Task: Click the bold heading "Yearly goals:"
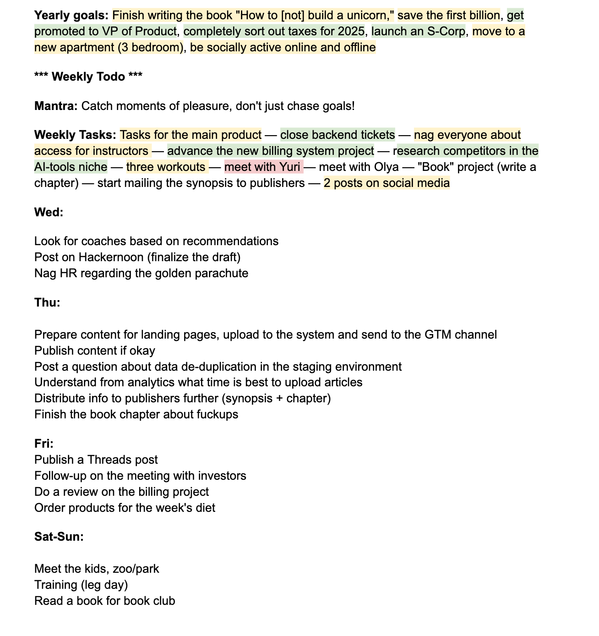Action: [71, 16]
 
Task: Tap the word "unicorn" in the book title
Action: [370, 16]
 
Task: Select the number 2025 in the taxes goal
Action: [351, 32]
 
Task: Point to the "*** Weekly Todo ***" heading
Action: [88, 77]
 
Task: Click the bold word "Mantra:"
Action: [56, 106]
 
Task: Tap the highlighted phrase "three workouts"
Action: [166, 167]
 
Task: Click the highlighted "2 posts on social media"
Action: [387, 183]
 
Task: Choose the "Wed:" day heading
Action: [49, 213]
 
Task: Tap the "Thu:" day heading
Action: [47, 303]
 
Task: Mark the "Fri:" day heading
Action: [44, 444]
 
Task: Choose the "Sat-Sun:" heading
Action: [59, 537]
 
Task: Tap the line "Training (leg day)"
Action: [81, 585]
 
